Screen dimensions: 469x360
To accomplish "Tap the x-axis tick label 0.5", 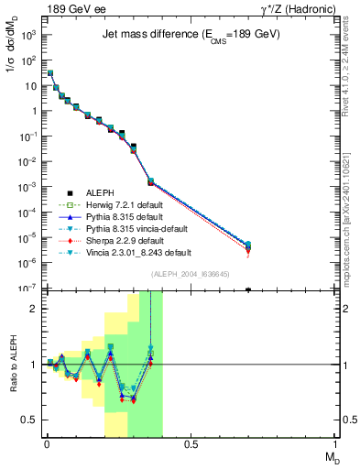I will (191, 444).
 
